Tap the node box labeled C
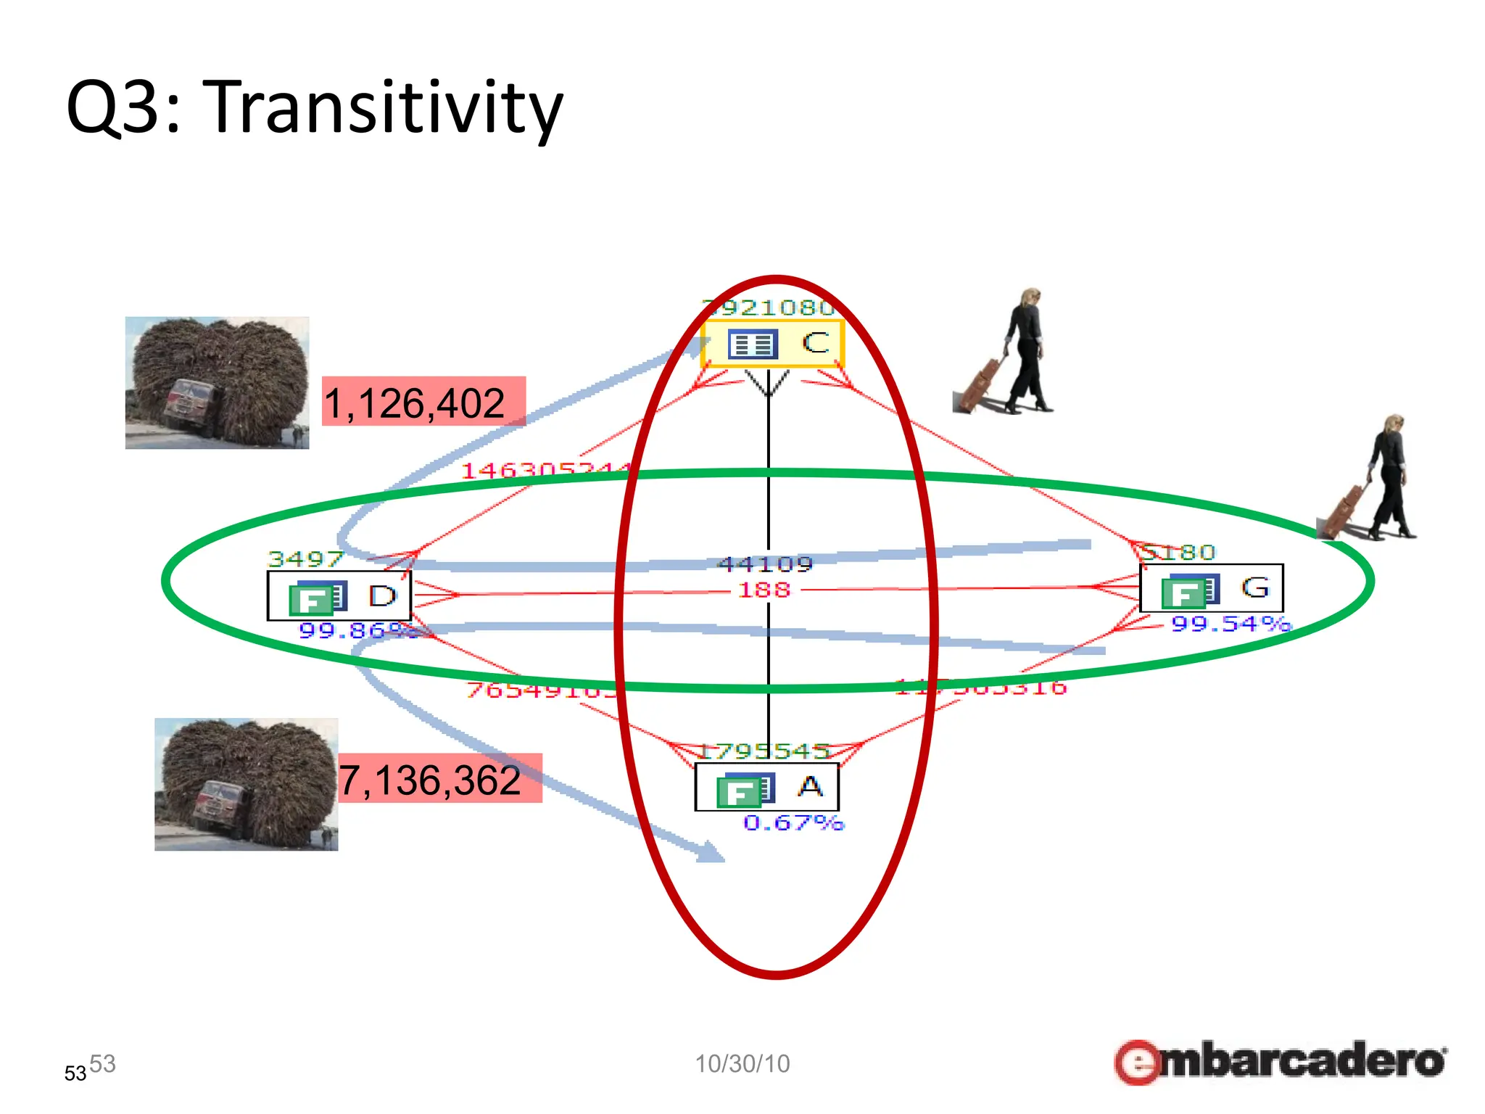[773, 343]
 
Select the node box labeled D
[339, 596]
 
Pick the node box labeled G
[1211, 588]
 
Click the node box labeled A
[766, 787]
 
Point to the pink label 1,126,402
[423, 402]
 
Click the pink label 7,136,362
[439, 779]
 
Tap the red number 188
[764, 590]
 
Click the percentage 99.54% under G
[1230, 624]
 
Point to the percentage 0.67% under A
[793, 823]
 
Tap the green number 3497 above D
[305, 559]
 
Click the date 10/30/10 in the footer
[742, 1063]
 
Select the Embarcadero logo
[1280, 1061]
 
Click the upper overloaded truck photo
[217, 382]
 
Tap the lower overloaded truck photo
[246, 784]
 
